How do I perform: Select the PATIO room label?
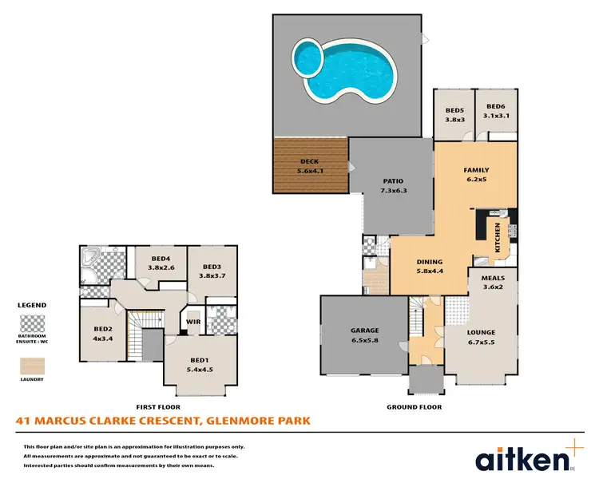click(392, 180)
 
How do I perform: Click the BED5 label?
click(454, 109)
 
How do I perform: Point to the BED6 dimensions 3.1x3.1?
click(496, 117)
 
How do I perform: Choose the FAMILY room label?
click(476, 170)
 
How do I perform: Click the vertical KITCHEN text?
click(497, 236)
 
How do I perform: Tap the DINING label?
click(430, 261)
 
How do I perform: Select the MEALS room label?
click(493, 279)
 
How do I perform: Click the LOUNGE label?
click(482, 332)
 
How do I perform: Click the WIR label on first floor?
click(192, 323)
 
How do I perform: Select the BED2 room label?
click(102, 328)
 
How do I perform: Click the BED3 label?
click(212, 267)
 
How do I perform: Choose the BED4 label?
click(161, 258)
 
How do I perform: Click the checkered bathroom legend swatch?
click(31, 324)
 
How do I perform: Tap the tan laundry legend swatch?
click(31, 365)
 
